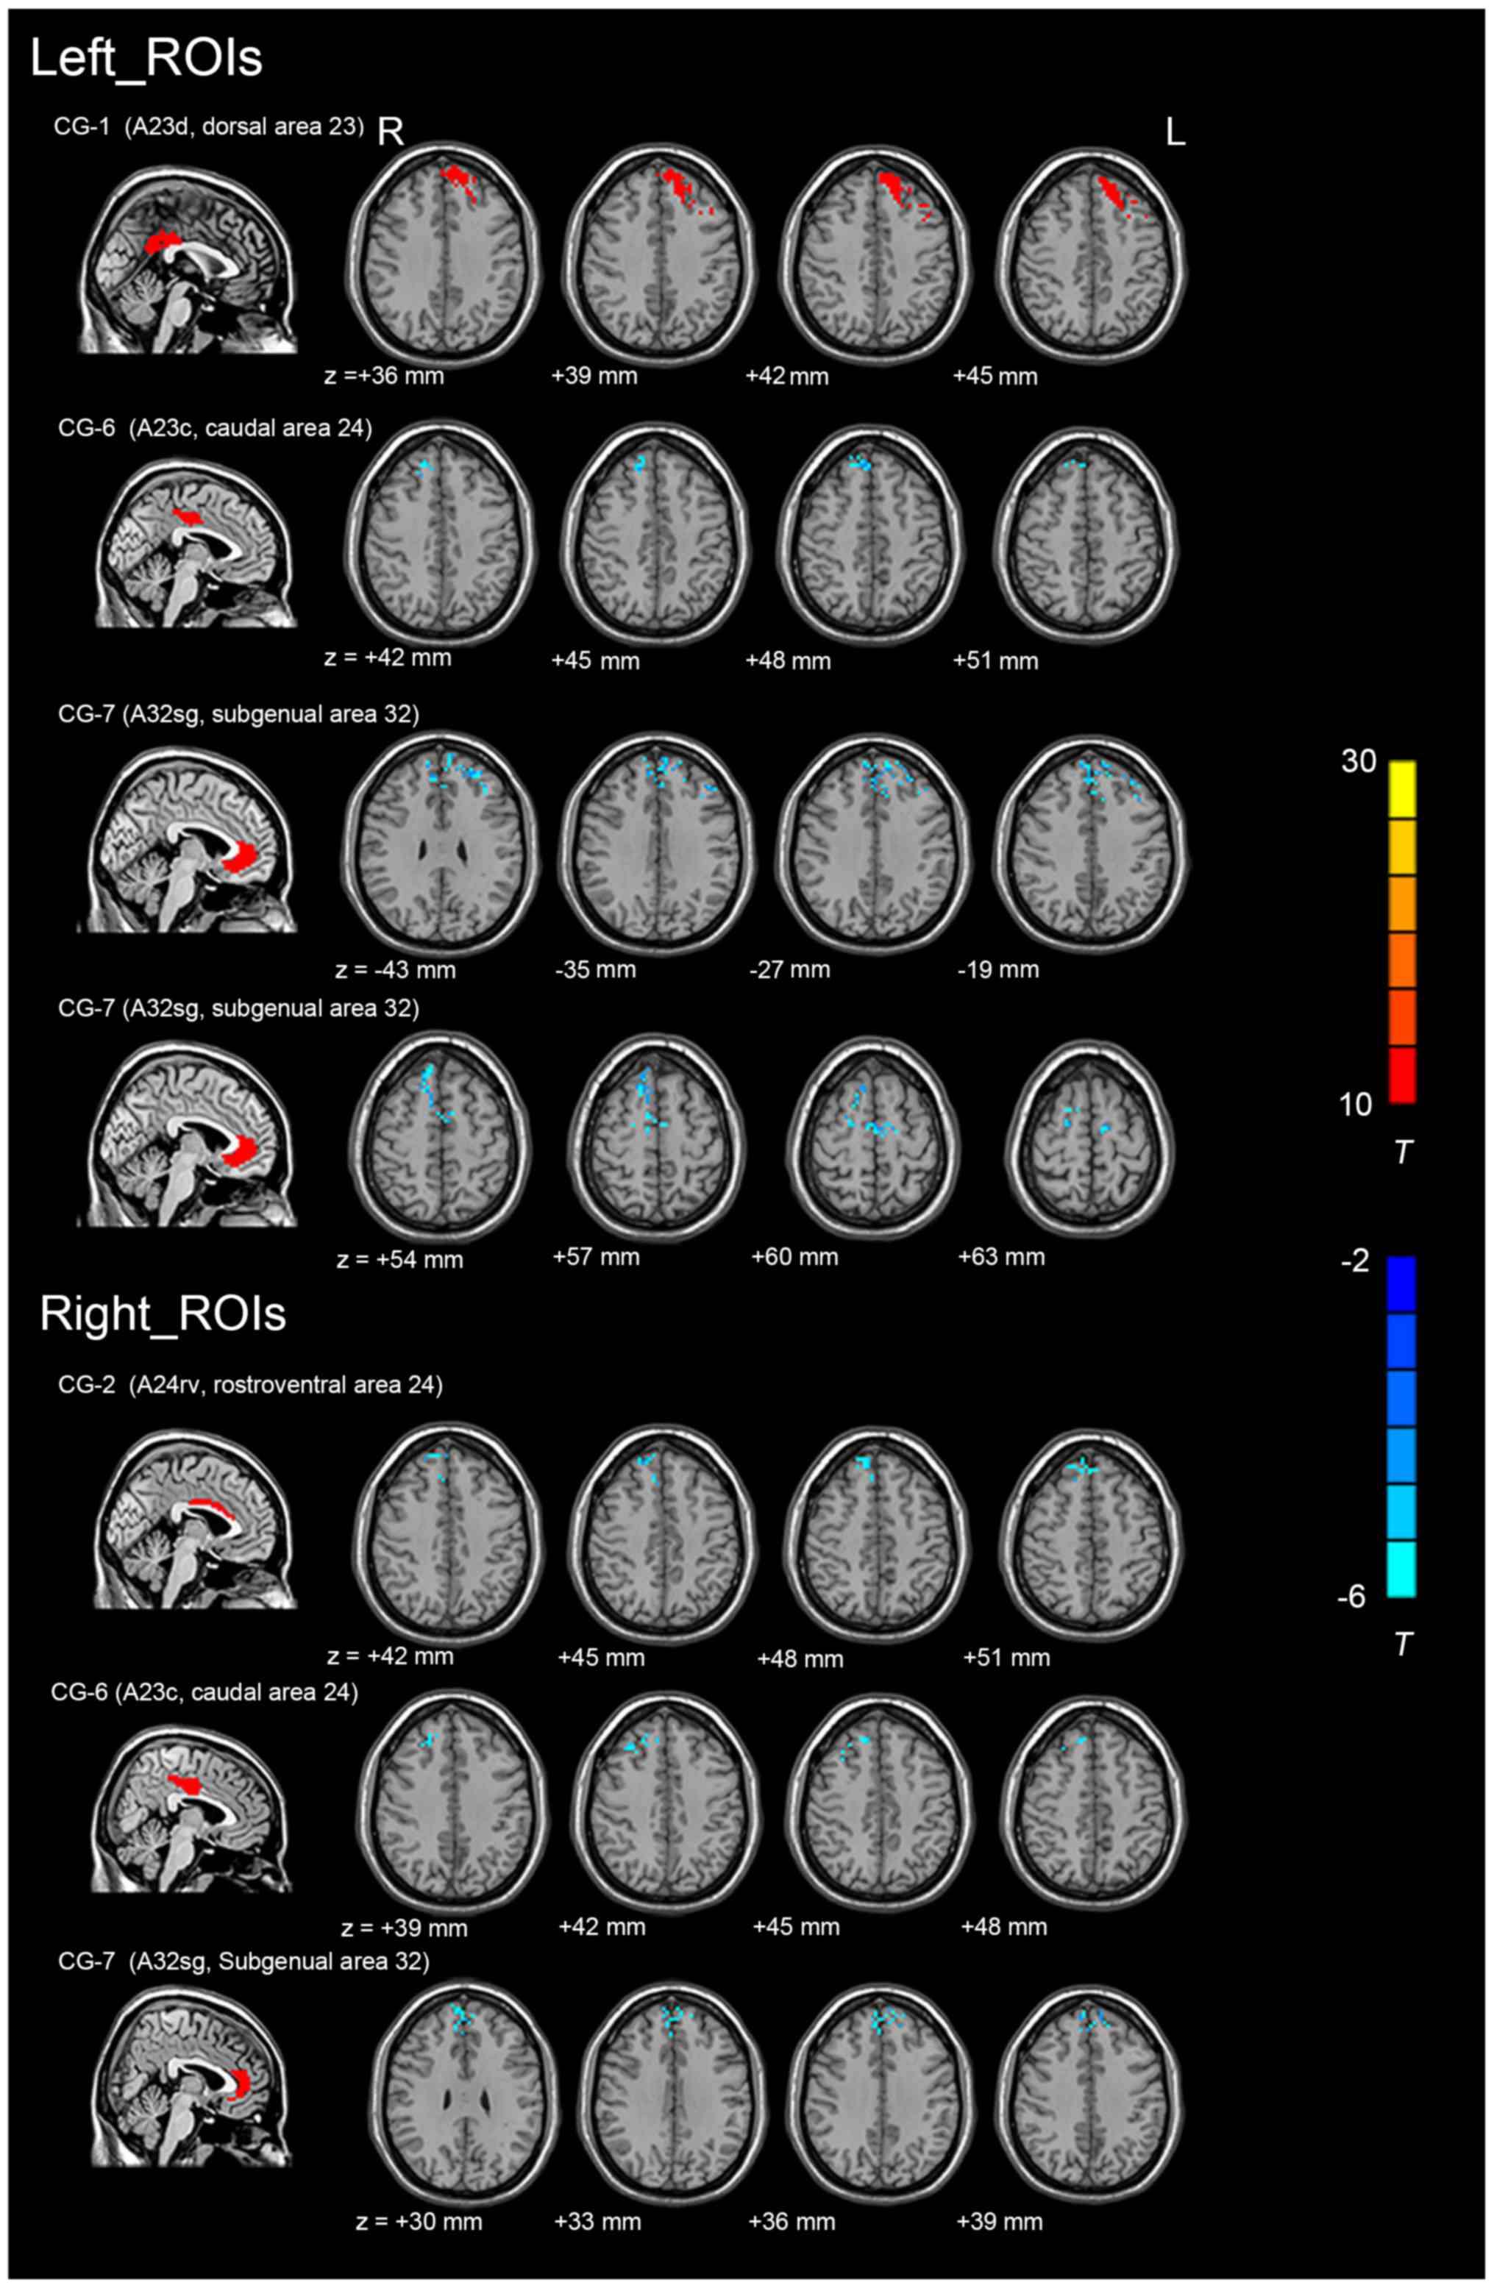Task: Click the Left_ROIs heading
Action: pos(146,59)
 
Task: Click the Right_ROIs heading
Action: pos(163,1314)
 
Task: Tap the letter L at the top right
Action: pos(1175,134)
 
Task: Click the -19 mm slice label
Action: pos(998,969)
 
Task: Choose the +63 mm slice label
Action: pos(1001,1256)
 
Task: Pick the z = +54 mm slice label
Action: pos(400,1258)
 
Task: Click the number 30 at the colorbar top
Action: pos(1359,763)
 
